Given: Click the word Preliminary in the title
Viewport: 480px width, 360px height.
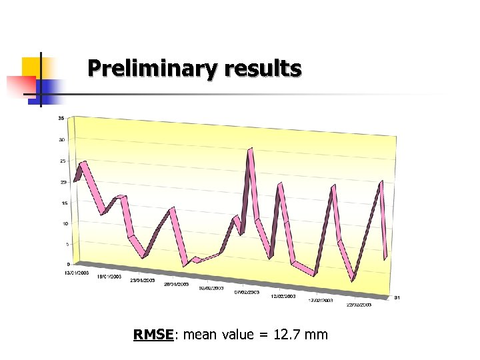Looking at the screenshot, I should (154, 68).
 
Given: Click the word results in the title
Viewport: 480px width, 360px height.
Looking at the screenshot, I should (263, 68).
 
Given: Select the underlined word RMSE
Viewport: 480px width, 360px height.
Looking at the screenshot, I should (153, 335).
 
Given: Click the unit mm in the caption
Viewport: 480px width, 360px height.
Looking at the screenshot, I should (317, 335).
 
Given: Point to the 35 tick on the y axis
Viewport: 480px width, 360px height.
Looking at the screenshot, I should (61, 119).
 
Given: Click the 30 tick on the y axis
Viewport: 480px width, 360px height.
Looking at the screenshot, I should (61, 140).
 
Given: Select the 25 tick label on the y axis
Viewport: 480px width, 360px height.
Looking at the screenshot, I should (61, 161).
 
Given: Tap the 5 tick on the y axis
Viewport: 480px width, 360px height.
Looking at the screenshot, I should (65, 244).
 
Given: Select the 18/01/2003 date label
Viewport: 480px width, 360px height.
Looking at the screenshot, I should (109, 276).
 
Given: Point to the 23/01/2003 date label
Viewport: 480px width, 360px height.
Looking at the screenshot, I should (143, 281).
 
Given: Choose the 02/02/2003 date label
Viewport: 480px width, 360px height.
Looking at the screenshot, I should (212, 288).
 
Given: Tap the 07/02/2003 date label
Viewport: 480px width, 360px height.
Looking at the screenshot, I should (247, 292).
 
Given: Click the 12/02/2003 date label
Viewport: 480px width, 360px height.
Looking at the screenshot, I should (283, 296).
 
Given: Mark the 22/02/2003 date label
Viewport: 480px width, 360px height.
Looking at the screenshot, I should (359, 305).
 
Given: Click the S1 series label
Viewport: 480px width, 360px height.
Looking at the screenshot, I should (397, 297).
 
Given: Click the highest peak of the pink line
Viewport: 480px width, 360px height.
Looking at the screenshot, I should (251, 149).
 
